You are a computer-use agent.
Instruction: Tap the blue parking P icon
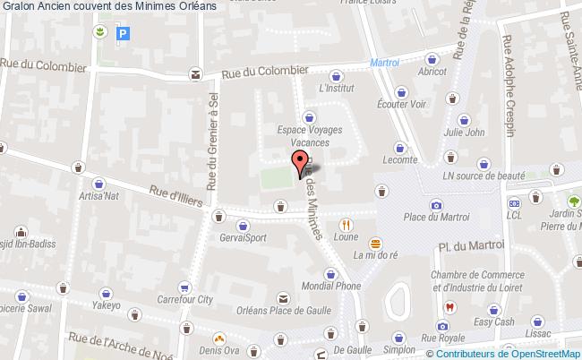[x=124, y=34]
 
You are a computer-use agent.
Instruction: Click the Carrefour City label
[x=184, y=300]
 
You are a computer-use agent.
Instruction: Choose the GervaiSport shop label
[x=244, y=237]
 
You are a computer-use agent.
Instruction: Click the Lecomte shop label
[x=400, y=160]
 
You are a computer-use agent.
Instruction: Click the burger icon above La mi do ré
[x=376, y=242]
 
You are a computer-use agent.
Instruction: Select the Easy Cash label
[x=492, y=322]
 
